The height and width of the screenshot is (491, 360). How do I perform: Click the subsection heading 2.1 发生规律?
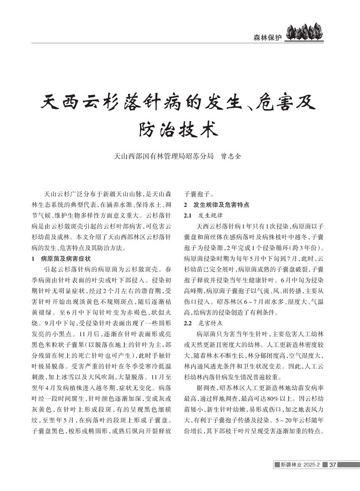tap(204, 215)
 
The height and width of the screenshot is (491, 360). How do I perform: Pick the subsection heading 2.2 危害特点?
tap(204, 322)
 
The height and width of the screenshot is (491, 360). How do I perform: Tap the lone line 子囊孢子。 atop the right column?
tap(199, 194)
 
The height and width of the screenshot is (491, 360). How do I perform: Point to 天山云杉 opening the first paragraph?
tap(55, 194)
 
